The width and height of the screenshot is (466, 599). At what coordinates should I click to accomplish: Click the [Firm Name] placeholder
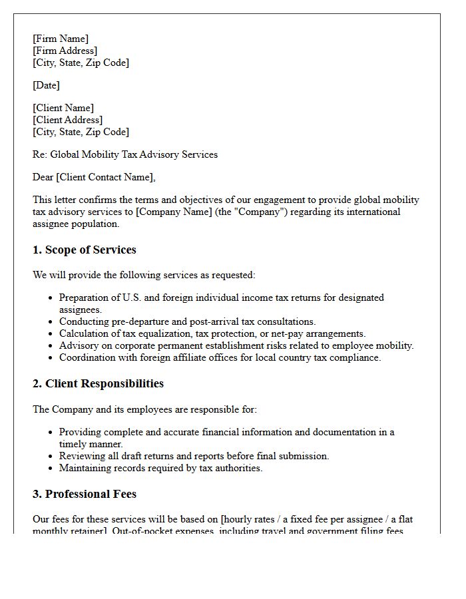(61, 39)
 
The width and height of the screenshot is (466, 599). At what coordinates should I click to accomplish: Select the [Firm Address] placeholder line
(65, 51)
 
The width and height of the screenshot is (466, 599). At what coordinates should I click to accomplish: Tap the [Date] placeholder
(46, 85)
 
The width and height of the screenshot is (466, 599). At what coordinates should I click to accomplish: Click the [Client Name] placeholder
(63, 108)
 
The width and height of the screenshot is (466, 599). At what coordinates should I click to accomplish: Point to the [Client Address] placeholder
(67, 120)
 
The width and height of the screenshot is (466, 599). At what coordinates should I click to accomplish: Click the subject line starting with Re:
(125, 154)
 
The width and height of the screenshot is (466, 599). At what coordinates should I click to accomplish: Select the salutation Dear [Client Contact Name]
(94, 177)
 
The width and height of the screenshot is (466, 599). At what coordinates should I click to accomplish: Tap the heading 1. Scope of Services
(85, 250)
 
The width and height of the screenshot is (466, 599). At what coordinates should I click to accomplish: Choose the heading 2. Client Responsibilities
(98, 384)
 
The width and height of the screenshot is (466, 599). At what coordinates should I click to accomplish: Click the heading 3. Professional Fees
(85, 495)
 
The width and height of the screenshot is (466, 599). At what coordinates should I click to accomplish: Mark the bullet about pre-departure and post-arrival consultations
(187, 321)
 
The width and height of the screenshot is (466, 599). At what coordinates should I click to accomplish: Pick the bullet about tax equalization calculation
(212, 333)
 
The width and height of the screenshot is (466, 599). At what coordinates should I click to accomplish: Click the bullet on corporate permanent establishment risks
(236, 345)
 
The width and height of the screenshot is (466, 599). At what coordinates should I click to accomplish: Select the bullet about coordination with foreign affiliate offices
(220, 357)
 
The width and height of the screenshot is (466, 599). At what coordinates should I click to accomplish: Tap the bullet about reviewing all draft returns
(194, 456)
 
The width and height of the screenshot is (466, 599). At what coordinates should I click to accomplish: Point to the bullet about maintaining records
(160, 468)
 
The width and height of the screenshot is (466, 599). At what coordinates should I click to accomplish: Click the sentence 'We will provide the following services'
(144, 275)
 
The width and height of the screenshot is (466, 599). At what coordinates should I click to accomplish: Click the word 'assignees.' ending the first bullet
(81, 309)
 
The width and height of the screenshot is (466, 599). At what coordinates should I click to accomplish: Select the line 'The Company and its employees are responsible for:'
(144, 409)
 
